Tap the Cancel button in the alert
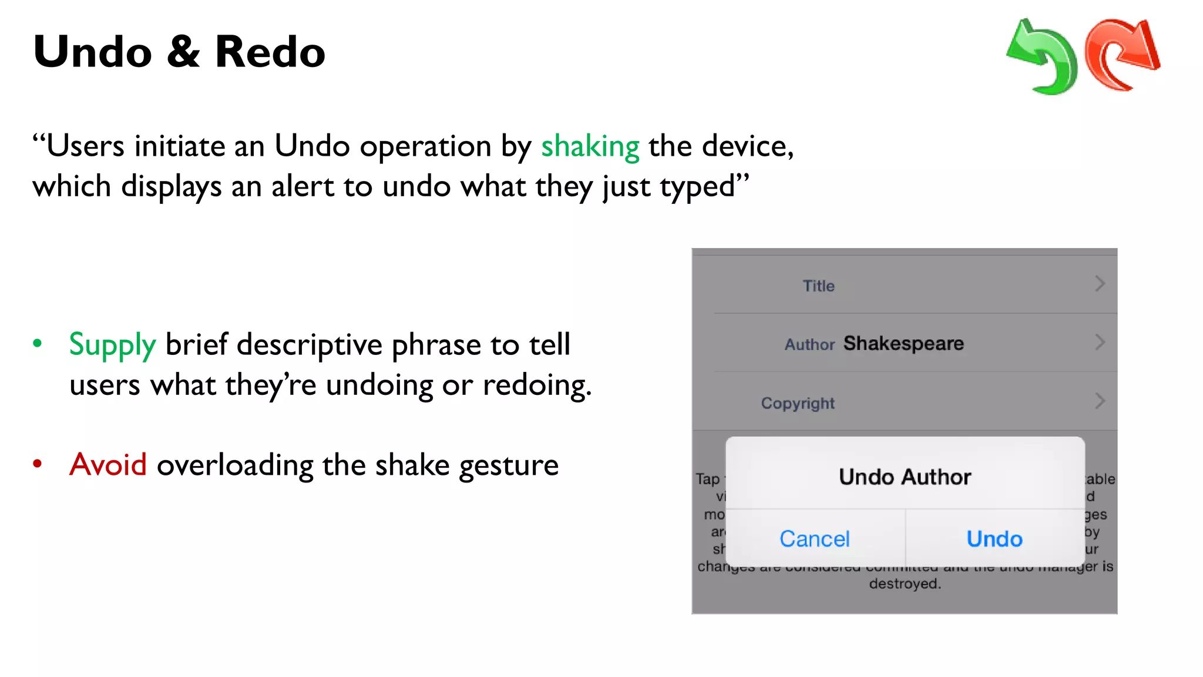click(814, 539)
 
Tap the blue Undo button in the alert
click(994, 539)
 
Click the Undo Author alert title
click(905, 477)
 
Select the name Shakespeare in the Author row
click(903, 343)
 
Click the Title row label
click(818, 286)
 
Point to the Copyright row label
click(798, 403)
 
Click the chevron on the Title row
click(1100, 284)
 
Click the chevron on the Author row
click(1100, 342)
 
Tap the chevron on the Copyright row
click(1100, 401)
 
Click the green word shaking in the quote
click(590, 147)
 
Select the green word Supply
click(112, 345)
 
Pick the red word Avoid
click(108, 465)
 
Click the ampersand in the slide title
click(183, 52)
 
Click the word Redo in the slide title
click(270, 52)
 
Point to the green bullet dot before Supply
click(38, 343)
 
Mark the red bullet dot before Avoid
click(38, 464)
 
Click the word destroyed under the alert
click(905, 584)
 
